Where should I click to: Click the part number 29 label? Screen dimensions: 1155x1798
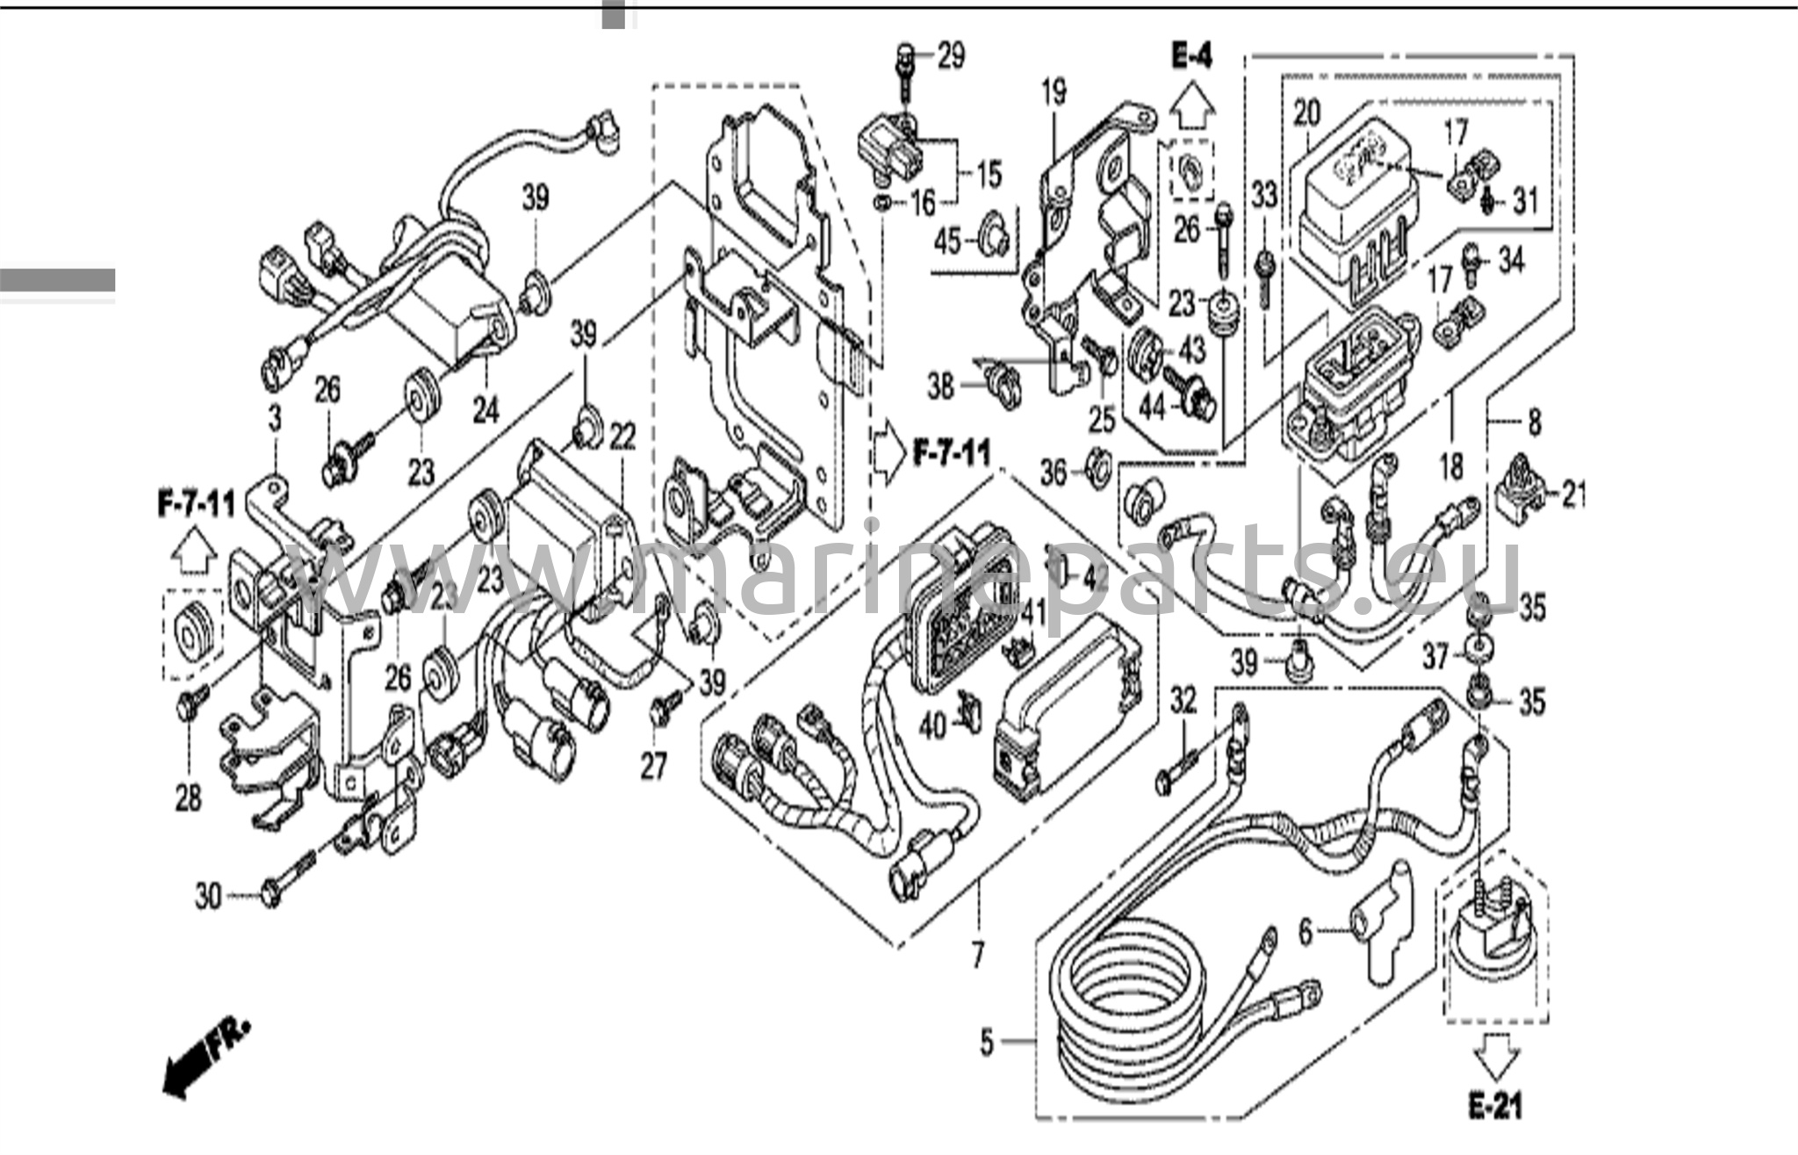click(951, 55)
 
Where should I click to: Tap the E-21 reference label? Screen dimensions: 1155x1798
click(1494, 1106)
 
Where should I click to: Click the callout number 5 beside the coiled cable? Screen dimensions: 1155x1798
click(987, 1043)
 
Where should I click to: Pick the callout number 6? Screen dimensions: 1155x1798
click(1305, 932)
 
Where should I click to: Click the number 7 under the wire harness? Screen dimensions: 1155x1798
click(978, 954)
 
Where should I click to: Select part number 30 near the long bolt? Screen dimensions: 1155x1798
click(208, 897)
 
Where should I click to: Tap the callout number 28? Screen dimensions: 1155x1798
click(189, 798)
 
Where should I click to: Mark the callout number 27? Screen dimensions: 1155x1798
click(654, 766)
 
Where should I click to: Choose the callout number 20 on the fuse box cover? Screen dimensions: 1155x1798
click(1306, 112)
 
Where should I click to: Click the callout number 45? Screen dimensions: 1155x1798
click(948, 241)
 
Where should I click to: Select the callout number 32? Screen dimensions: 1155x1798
click(1183, 700)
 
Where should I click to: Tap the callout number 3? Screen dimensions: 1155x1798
click(276, 419)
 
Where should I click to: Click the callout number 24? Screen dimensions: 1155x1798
click(485, 408)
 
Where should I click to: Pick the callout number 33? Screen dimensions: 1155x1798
click(1264, 195)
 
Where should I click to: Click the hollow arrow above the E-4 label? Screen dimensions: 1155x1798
click(1191, 108)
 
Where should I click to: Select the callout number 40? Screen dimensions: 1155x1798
click(932, 725)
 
